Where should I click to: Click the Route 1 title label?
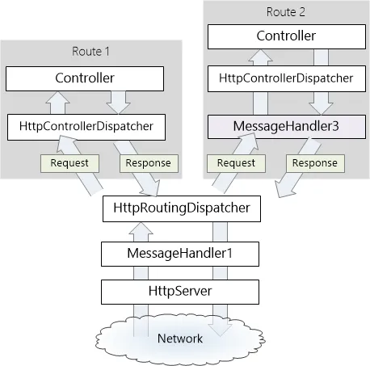tap(90, 51)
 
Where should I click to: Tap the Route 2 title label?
tap(286, 12)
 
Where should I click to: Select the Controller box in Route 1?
tap(85, 78)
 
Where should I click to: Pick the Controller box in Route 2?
tap(287, 36)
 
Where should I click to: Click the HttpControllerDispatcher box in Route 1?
tap(86, 127)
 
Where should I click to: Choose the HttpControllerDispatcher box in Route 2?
tap(287, 78)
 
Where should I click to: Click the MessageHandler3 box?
tap(287, 127)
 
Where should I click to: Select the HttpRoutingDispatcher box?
tap(182, 208)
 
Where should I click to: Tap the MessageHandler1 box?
tap(180, 254)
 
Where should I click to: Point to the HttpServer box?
tap(180, 292)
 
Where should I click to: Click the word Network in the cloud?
tap(180, 339)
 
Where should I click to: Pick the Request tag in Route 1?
tap(69, 163)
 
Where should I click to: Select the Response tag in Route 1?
tap(149, 163)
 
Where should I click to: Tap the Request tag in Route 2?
tap(236, 163)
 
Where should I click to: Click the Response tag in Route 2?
tap(315, 163)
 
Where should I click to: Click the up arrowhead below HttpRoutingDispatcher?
tap(141, 228)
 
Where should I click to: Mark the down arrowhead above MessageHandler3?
tap(321, 108)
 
